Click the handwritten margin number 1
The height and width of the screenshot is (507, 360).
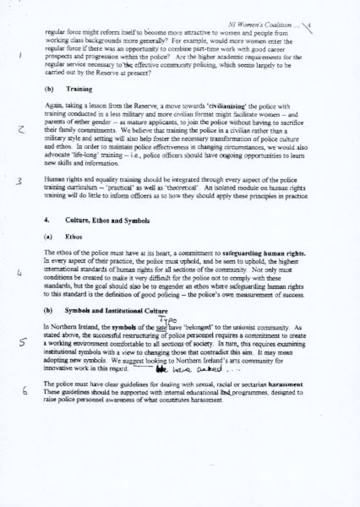point(19,55)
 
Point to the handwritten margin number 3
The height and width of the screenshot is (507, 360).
point(19,182)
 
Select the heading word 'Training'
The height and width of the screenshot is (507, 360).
point(79,89)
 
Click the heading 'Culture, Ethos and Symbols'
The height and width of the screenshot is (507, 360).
point(107,221)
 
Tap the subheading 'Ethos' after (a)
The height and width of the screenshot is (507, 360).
point(73,237)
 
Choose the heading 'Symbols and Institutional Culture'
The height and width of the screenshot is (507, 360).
point(116,311)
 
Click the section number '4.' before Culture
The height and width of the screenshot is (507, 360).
point(46,220)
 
